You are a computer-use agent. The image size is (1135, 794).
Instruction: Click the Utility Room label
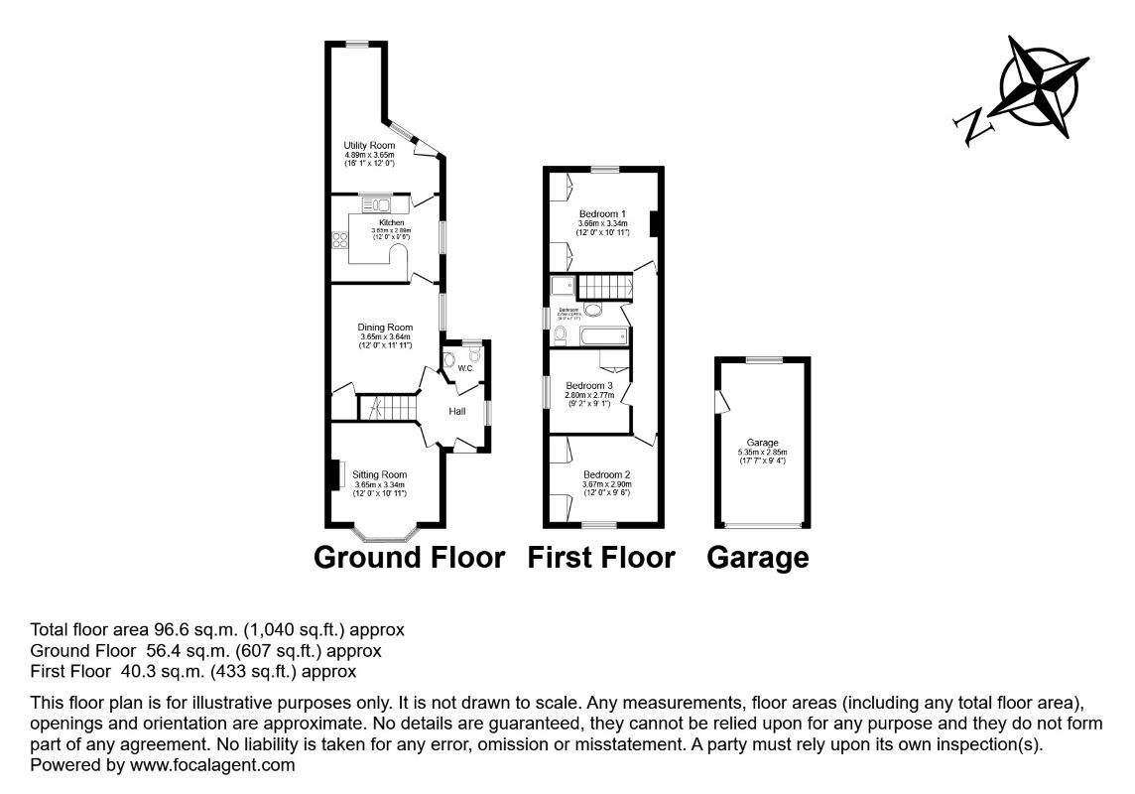[x=369, y=146]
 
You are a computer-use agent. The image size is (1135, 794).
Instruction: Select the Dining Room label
[x=385, y=328]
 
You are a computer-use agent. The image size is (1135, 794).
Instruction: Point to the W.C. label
[x=464, y=370]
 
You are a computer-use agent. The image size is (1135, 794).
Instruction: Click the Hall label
[x=457, y=411]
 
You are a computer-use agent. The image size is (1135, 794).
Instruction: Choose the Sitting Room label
[x=380, y=474]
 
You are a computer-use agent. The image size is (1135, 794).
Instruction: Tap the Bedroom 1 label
[x=602, y=214]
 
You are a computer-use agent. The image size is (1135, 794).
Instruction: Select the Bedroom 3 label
[x=589, y=385]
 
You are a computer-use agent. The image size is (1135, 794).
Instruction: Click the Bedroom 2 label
[x=607, y=474]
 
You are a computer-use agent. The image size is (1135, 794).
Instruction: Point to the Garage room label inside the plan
[x=763, y=443]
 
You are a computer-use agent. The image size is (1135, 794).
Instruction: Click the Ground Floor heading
[x=409, y=558]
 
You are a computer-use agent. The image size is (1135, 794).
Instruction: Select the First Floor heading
[x=601, y=558]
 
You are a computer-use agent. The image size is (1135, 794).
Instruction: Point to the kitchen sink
[x=378, y=204]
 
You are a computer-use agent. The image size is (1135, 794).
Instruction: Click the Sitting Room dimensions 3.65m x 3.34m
[x=380, y=484]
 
